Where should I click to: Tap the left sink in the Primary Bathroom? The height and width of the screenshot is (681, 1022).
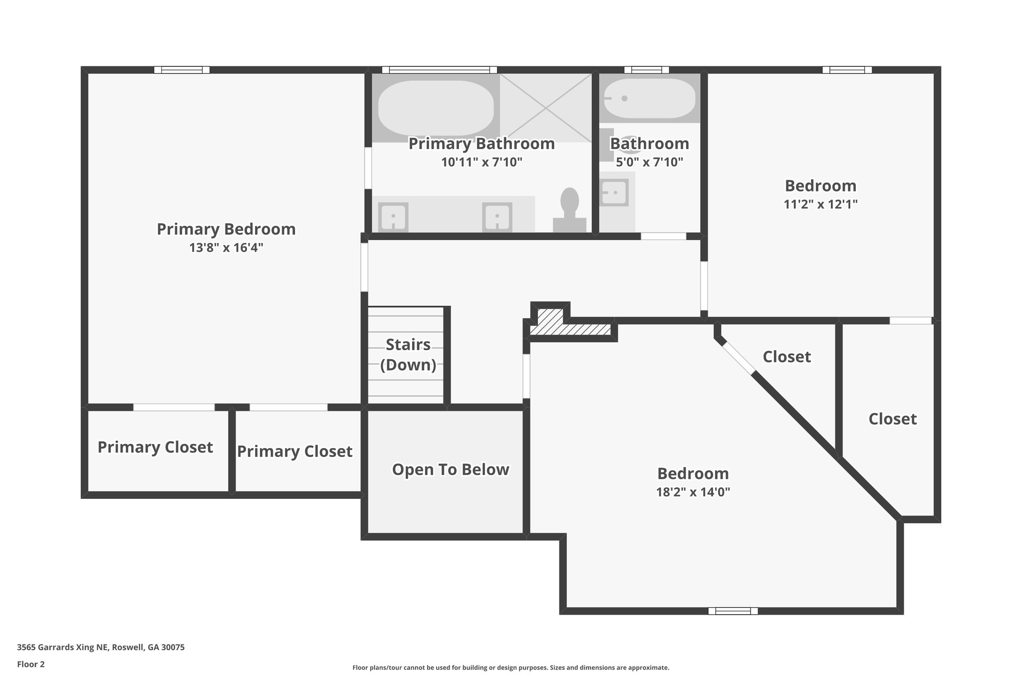click(x=393, y=217)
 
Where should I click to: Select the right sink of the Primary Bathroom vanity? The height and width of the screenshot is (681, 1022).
click(x=497, y=217)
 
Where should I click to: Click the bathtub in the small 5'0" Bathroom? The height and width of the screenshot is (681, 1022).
click(x=649, y=98)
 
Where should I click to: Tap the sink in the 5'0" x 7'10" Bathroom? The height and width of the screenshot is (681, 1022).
click(x=614, y=192)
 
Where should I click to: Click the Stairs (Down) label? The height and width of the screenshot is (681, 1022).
click(x=408, y=355)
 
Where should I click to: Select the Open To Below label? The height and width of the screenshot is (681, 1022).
click(x=450, y=469)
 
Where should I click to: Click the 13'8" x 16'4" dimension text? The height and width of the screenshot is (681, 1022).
click(x=226, y=248)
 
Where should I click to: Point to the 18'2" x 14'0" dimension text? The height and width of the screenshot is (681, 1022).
click(x=693, y=492)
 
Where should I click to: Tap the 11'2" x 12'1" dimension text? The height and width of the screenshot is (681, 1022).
click(x=820, y=205)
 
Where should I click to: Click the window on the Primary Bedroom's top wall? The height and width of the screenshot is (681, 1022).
click(x=182, y=70)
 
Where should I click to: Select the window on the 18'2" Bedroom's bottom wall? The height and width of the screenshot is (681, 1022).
click(x=733, y=611)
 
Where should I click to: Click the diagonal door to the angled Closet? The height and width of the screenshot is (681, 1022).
click(x=739, y=357)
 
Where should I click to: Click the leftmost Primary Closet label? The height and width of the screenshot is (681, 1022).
click(x=155, y=447)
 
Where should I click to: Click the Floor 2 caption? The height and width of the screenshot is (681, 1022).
click(x=31, y=664)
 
